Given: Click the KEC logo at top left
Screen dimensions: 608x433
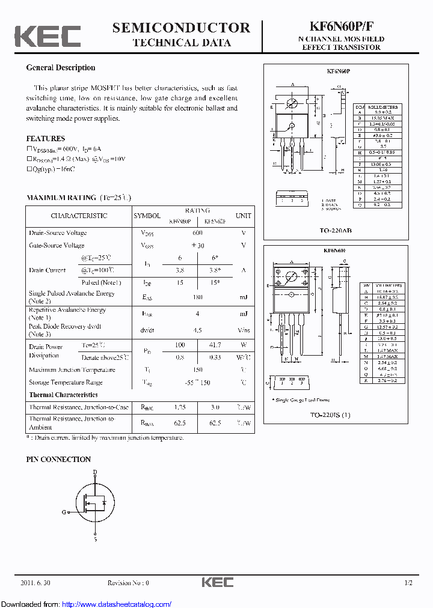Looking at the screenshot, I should point(48,36).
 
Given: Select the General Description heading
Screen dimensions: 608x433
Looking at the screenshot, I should point(60,68).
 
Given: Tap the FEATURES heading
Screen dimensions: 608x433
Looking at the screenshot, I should point(46,138).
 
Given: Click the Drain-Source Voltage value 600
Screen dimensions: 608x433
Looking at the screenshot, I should point(197,233).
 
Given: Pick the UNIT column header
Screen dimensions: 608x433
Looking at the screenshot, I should point(243,215).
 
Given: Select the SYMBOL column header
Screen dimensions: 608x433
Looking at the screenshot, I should point(147,215).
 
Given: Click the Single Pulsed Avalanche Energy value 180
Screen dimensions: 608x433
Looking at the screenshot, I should point(197,297).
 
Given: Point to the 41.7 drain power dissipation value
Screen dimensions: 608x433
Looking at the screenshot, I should point(214,345).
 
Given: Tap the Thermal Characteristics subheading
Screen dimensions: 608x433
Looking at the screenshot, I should point(63,395).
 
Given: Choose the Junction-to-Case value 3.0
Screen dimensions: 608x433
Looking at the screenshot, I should point(214,407).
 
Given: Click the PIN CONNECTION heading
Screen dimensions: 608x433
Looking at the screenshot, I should point(58,459).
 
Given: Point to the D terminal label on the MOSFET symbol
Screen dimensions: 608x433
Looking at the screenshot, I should point(94,473).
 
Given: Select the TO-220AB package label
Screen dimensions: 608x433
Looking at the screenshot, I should point(330,231).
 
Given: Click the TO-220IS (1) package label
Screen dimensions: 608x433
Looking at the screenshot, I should point(330,415).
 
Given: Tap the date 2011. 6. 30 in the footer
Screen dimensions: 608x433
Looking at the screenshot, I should point(35,583).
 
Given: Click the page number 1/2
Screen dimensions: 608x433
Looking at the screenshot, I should point(408,583).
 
